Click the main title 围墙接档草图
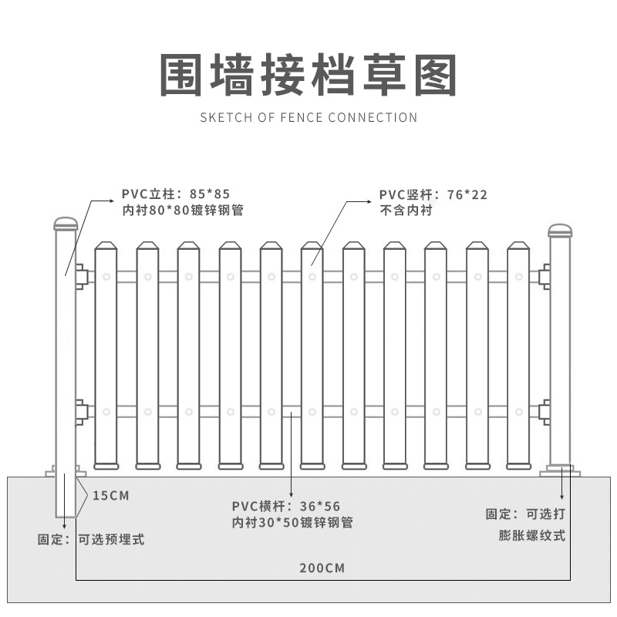pos(308,75)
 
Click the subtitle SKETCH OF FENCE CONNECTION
pos(308,118)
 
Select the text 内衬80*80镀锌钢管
pos(182,210)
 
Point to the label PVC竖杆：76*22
pos(433,194)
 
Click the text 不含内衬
pos(406,211)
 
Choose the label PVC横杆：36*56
pos(286,506)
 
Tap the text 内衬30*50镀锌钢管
pos(292,522)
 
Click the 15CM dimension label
pos(111,495)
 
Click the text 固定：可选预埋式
pos(91,539)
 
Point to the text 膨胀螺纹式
pos(532,535)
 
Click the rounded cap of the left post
pos(66,224)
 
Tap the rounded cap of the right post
pos(560,230)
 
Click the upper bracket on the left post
pos(82,275)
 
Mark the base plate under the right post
pos(560,470)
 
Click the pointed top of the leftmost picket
pos(106,248)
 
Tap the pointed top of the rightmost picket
pos(518,248)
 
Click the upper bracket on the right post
pos(545,275)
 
